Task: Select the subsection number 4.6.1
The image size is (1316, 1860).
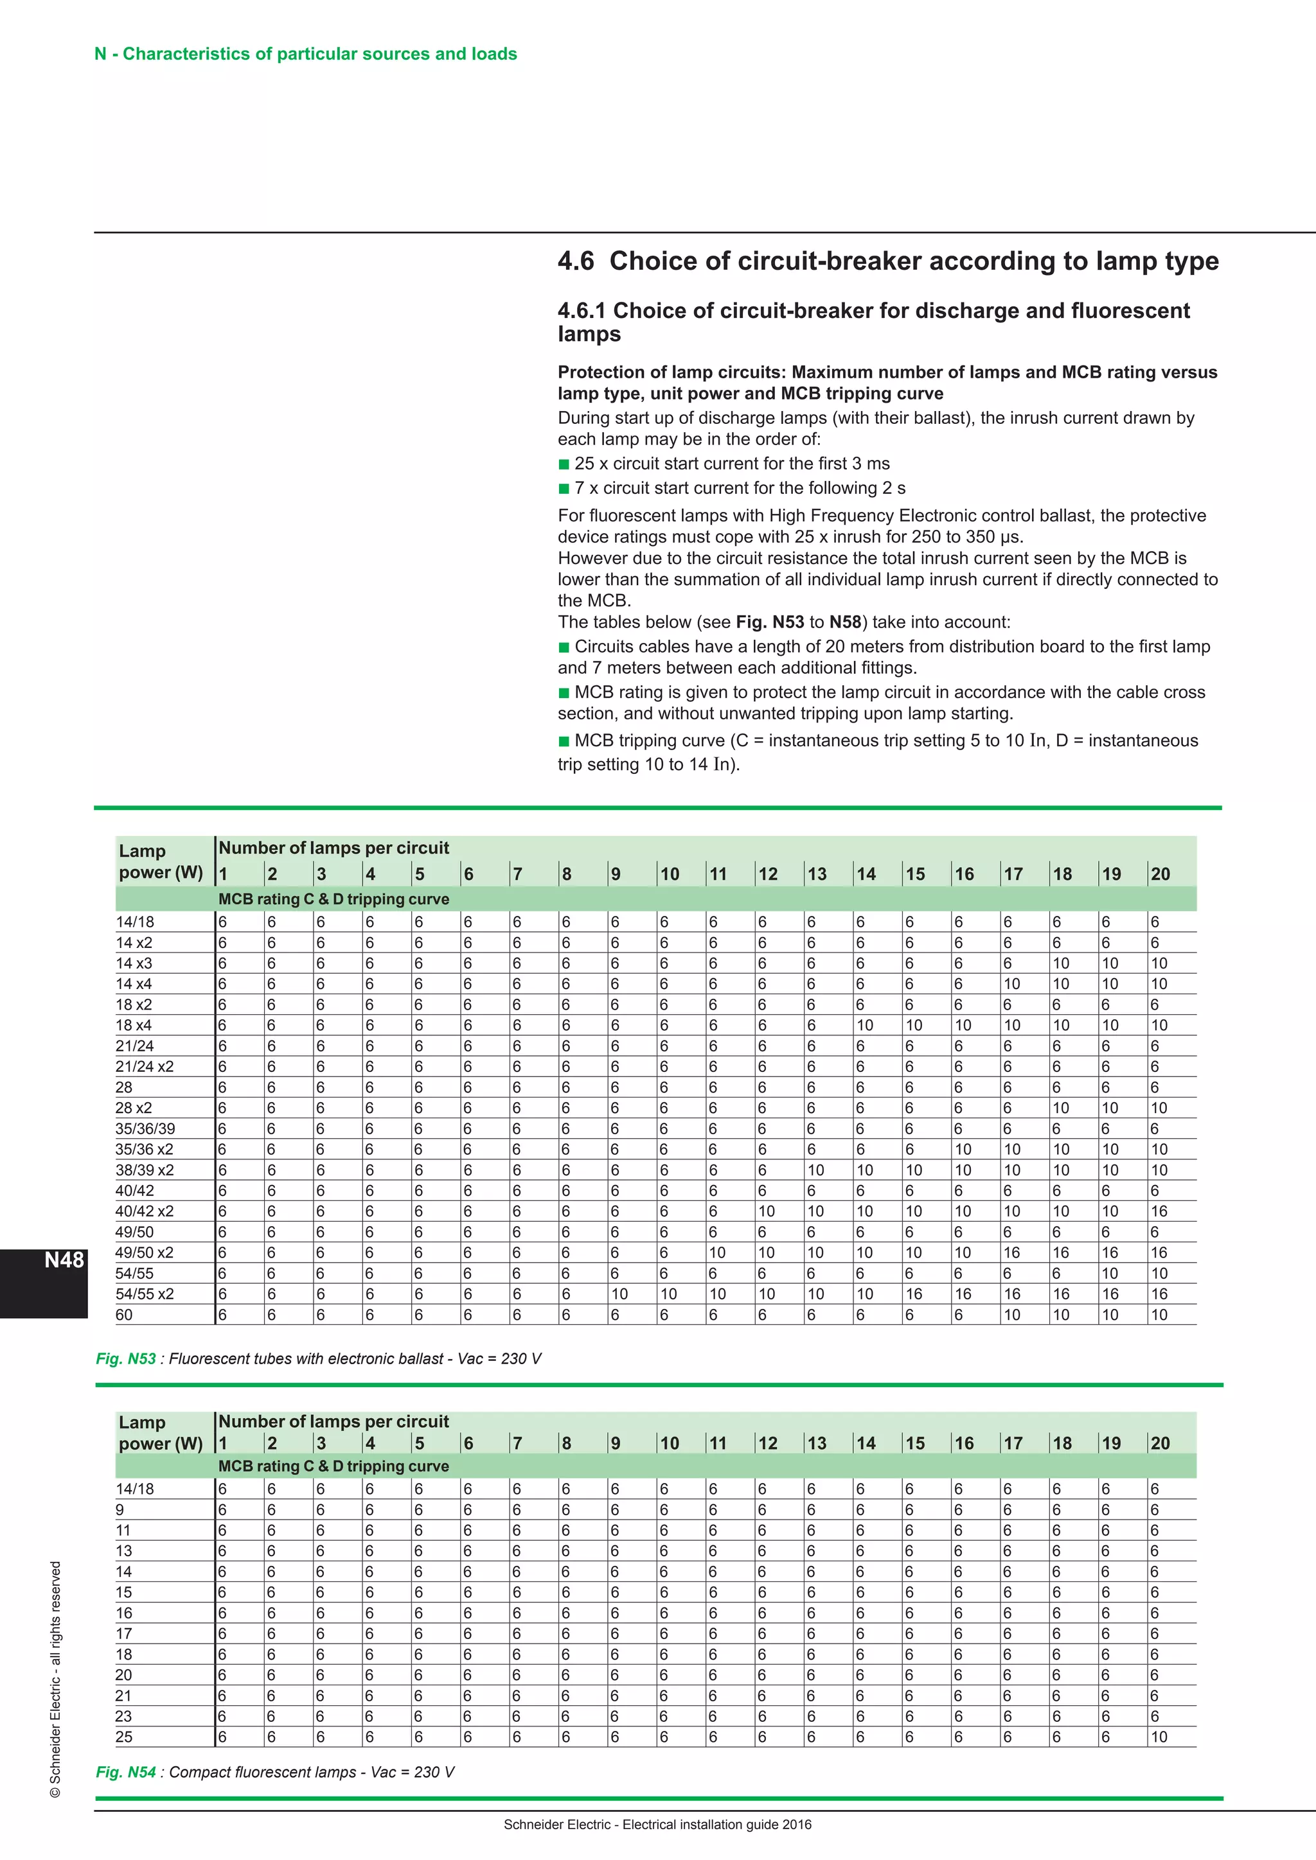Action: point(581,311)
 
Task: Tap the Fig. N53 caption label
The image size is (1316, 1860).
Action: point(125,1358)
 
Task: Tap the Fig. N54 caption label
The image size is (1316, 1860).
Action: point(125,1772)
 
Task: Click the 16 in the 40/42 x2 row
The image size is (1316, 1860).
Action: point(1159,1211)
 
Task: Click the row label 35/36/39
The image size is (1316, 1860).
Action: point(145,1128)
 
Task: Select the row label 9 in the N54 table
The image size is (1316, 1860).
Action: point(120,1509)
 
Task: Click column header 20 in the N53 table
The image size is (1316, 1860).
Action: point(1160,874)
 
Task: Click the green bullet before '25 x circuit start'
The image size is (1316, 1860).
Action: point(564,464)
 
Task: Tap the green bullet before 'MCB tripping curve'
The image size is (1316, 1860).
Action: point(564,741)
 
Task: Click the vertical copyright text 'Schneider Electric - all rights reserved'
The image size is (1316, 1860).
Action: point(55,1681)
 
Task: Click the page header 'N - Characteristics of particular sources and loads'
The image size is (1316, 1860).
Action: point(305,55)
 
